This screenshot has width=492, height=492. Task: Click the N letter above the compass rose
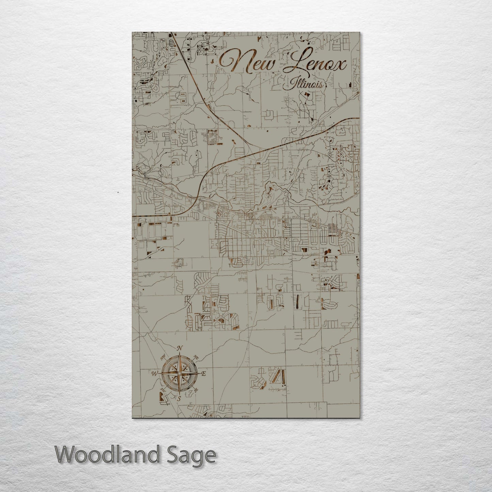click(x=180, y=348)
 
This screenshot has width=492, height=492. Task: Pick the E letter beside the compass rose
click(x=204, y=374)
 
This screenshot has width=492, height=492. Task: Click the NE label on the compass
click(x=196, y=357)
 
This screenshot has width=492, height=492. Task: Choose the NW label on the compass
click(x=163, y=356)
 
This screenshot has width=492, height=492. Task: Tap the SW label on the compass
click(x=163, y=390)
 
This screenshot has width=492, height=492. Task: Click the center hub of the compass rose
click(x=179, y=374)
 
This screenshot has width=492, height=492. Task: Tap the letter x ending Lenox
click(x=340, y=65)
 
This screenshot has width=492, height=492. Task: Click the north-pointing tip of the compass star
click(x=180, y=354)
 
